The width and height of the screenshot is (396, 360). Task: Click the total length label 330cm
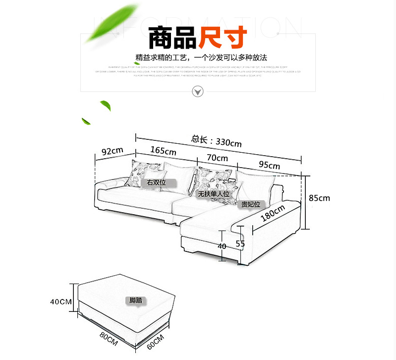coord(217,141)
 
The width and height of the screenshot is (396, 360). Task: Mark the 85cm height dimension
coord(319,198)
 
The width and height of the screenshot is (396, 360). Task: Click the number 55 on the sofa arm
coord(240,243)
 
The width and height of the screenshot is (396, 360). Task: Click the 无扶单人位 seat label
coord(214,194)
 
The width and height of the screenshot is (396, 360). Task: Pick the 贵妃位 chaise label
coord(251,204)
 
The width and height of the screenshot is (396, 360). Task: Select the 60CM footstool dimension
coord(155,341)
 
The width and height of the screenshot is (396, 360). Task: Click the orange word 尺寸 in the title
coord(223,36)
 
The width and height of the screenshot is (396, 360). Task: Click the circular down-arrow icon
coord(198,91)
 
